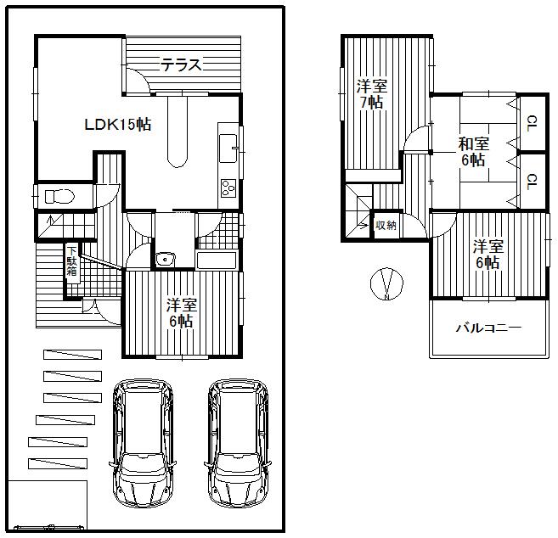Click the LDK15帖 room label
click(117, 125)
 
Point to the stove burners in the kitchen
click(229, 188)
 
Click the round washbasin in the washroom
click(165, 259)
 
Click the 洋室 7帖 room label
click(370, 93)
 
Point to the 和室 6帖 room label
click(473, 151)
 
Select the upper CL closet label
click(531, 123)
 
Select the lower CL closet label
click(531, 180)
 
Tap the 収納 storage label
click(386, 226)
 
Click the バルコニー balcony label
click(488, 328)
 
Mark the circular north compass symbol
click(386, 284)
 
